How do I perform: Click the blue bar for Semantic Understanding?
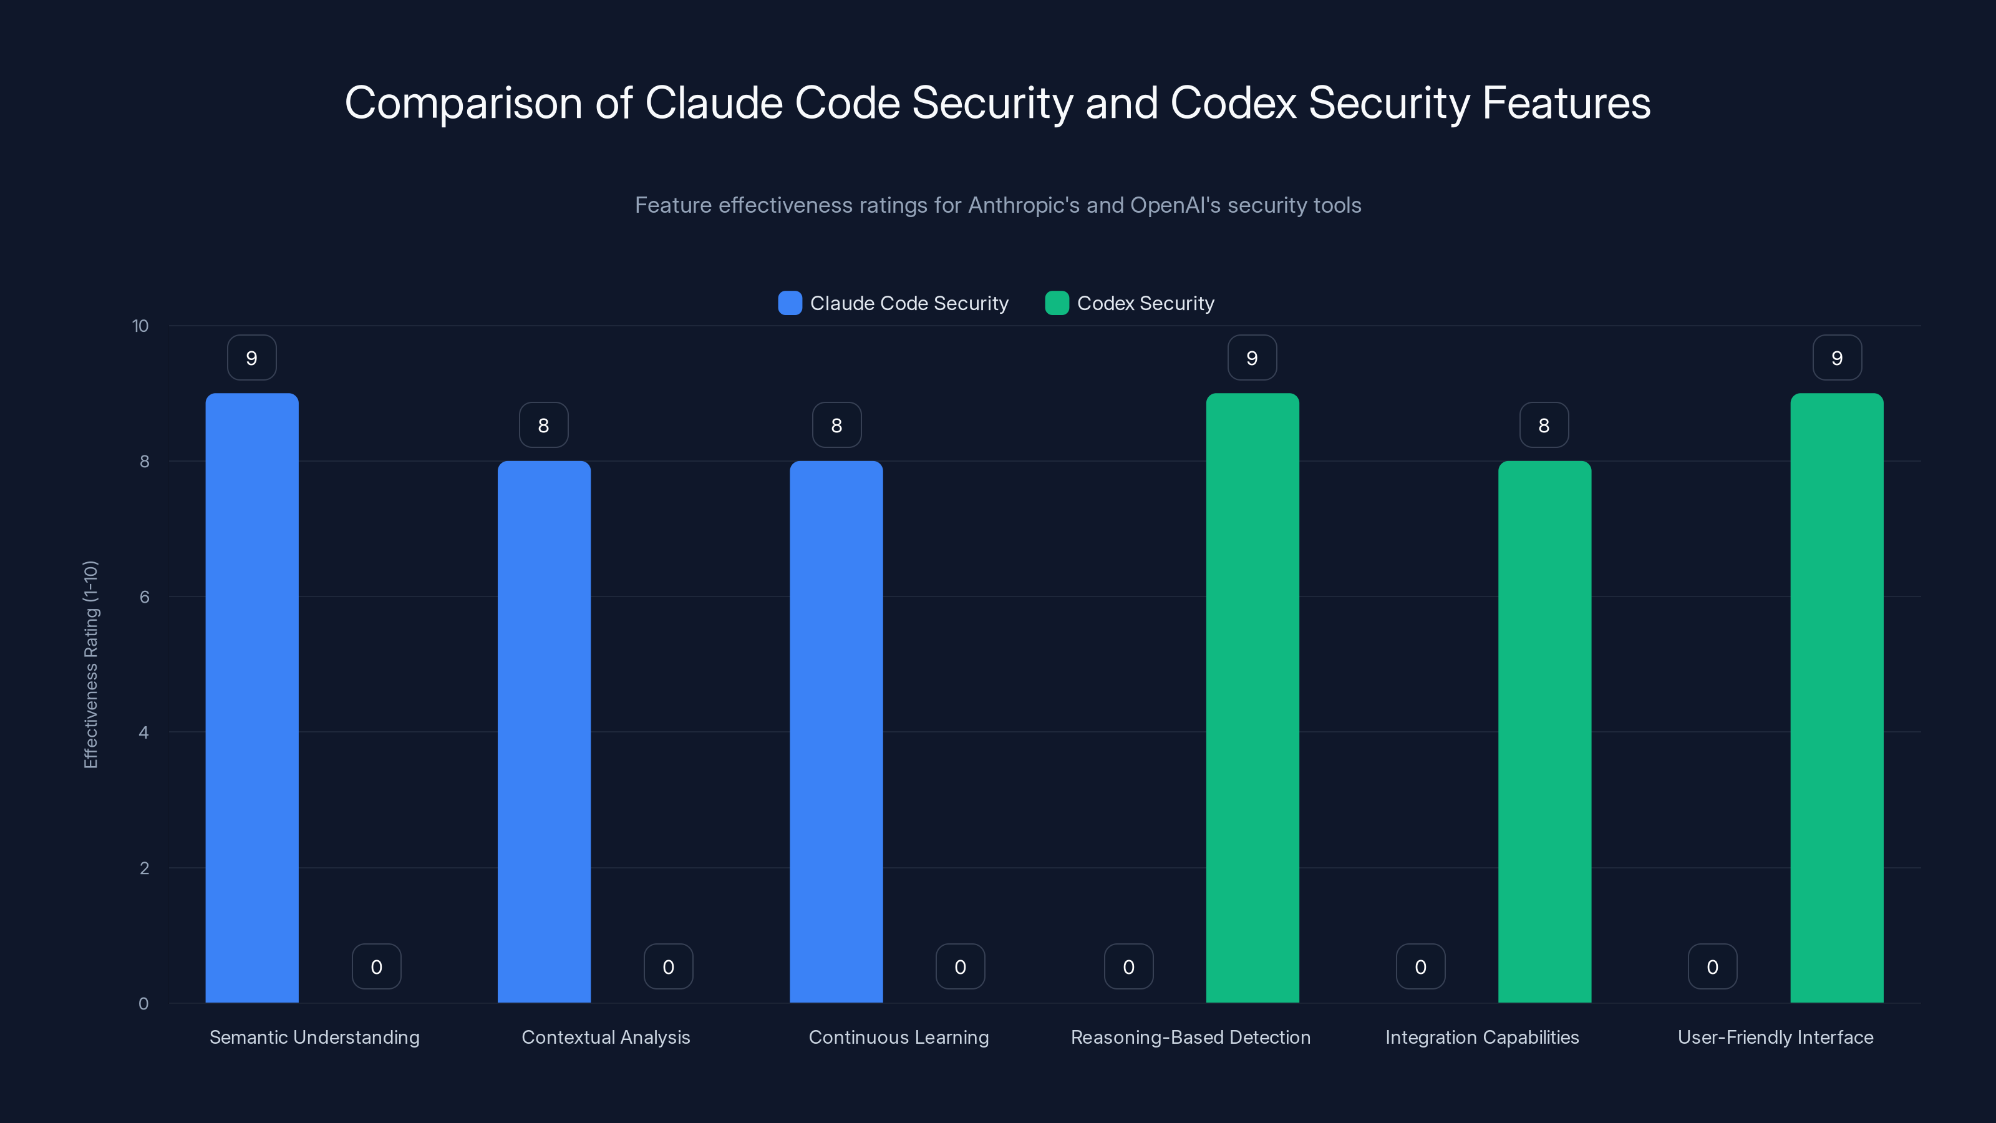pyautogui.click(x=252, y=698)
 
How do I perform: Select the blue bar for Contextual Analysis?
pyautogui.click(x=544, y=732)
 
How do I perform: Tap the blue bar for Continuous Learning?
pyautogui.click(x=836, y=732)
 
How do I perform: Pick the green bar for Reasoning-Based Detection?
pyautogui.click(x=1252, y=698)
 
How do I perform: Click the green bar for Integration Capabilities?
pyautogui.click(x=1544, y=732)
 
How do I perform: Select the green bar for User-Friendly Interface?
pyautogui.click(x=1836, y=698)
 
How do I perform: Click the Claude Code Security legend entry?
pyautogui.click(x=893, y=303)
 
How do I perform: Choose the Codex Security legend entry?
pyautogui.click(x=1130, y=303)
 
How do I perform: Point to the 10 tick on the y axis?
pyautogui.click(x=140, y=326)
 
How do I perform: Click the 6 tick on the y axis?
pyautogui.click(x=144, y=597)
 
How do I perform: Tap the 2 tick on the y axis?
pyautogui.click(x=144, y=868)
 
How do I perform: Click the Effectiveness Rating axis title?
pyautogui.click(x=90, y=664)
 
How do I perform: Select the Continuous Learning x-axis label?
pyautogui.click(x=899, y=1037)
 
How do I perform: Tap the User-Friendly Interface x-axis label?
pyautogui.click(x=1775, y=1037)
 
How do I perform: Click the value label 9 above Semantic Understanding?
pyautogui.click(x=252, y=358)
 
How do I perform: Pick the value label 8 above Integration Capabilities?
pyautogui.click(x=1544, y=425)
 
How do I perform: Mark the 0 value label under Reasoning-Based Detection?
pyautogui.click(x=1128, y=966)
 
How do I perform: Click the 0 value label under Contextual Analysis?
pyautogui.click(x=668, y=966)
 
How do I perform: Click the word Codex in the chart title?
pyautogui.click(x=1232, y=103)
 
